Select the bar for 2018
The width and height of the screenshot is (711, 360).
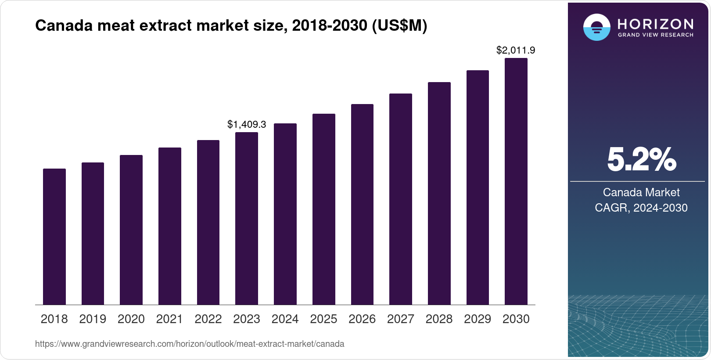coord(54,237)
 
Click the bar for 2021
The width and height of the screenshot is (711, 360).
coord(170,226)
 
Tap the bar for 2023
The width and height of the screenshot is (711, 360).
coord(247,219)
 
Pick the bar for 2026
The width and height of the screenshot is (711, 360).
coord(362,205)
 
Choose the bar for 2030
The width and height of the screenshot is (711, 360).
coord(516,181)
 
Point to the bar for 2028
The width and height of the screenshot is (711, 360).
coord(439,194)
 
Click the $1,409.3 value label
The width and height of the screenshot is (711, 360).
coord(247,124)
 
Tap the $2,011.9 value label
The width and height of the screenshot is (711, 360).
coord(516,50)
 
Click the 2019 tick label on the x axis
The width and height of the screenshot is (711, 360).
coord(93,319)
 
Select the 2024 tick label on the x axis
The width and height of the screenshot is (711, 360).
coord(285,319)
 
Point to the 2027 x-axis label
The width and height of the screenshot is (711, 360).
coord(400,319)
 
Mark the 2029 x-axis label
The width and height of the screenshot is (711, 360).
coord(478,319)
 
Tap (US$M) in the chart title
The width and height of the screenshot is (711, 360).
coord(399,25)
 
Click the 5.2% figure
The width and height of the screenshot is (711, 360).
coord(641,159)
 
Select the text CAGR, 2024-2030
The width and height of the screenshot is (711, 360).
coord(641,208)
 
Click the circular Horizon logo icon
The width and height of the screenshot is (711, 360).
coord(596,27)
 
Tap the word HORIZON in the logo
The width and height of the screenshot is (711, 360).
coord(655,24)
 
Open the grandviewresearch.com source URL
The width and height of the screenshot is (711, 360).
coord(190,344)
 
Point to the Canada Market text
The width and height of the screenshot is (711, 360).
coord(641,192)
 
